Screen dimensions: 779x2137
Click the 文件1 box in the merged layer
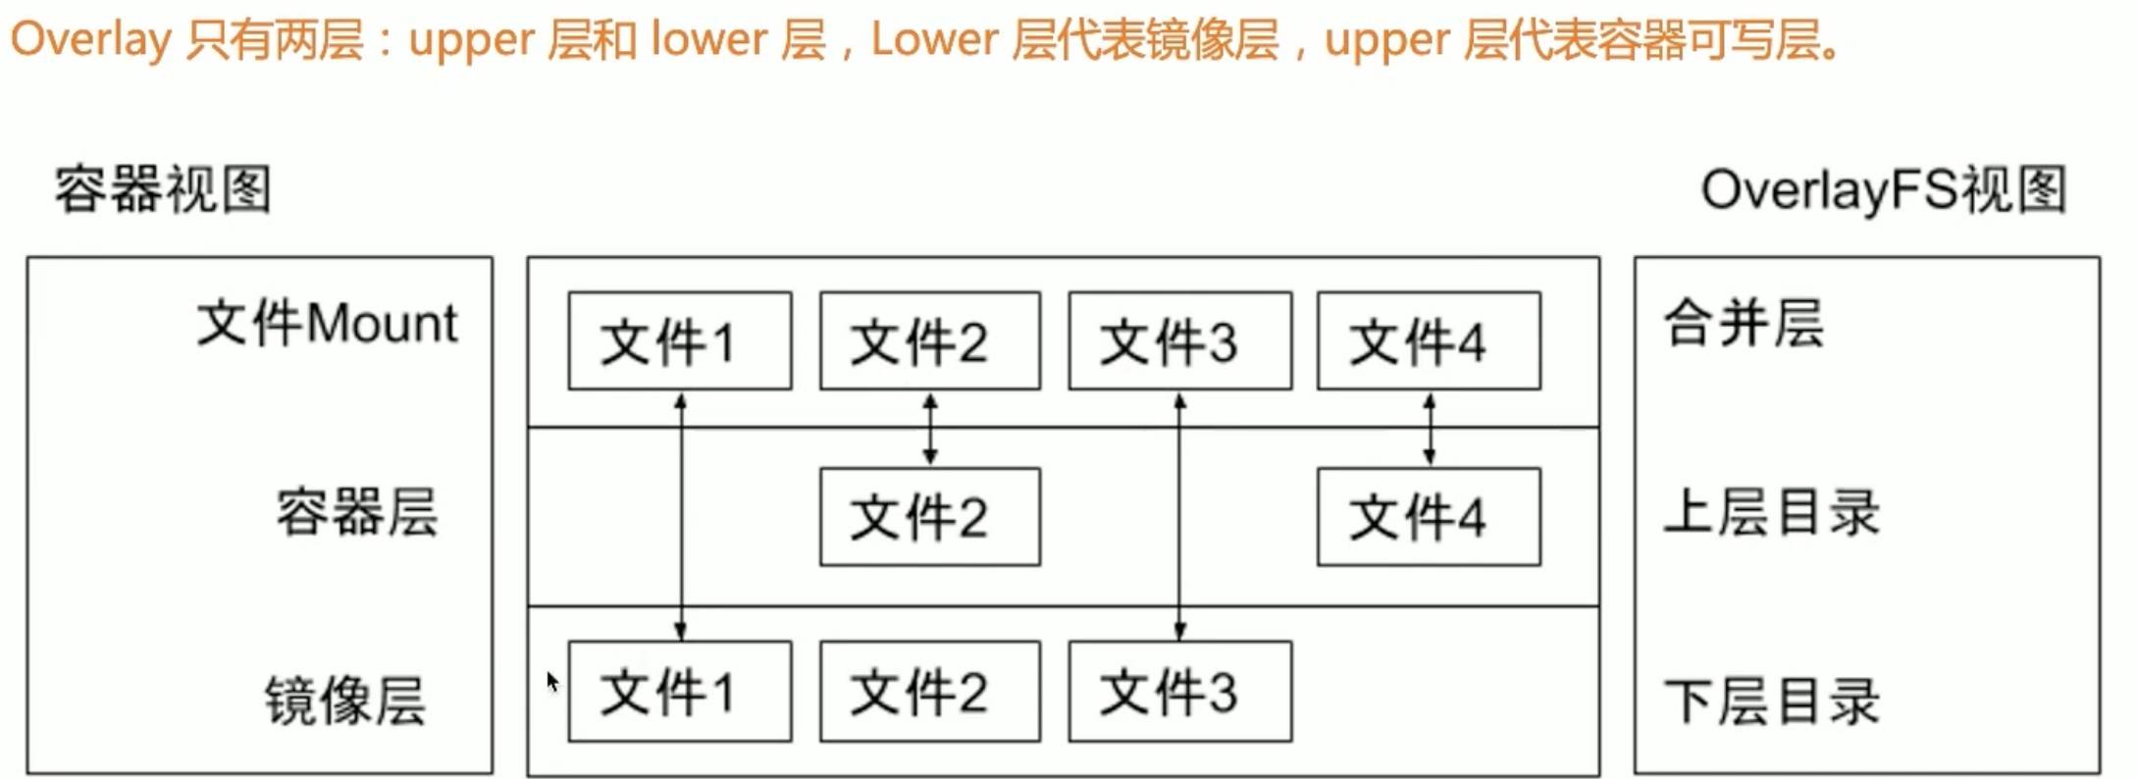(679, 340)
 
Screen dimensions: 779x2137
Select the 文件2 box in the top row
(929, 340)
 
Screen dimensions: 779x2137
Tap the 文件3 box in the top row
(1179, 340)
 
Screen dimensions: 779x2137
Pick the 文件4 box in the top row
(1429, 340)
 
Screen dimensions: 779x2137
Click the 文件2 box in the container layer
(929, 516)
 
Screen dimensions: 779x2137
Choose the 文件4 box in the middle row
(1429, 516)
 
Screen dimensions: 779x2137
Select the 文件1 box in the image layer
(679, 691)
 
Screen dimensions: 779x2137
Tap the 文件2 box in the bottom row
(929, 691)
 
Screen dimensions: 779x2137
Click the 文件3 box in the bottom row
(1179, 691)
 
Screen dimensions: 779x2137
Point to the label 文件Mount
(327, 323)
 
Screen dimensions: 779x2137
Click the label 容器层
(356, 511)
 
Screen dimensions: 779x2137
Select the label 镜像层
(345, 700)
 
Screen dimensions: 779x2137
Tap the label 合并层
(1744, 323)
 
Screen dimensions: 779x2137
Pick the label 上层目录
(1771, 512)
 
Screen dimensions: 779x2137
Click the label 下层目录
(1771, 701)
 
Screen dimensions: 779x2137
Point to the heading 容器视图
(163, 188)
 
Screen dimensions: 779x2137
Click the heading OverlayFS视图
(1884, 188)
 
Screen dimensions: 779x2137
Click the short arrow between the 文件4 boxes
(1430, 429)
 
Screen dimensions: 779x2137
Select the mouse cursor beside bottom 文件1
(552, 681)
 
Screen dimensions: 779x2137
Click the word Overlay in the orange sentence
(90, 40)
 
